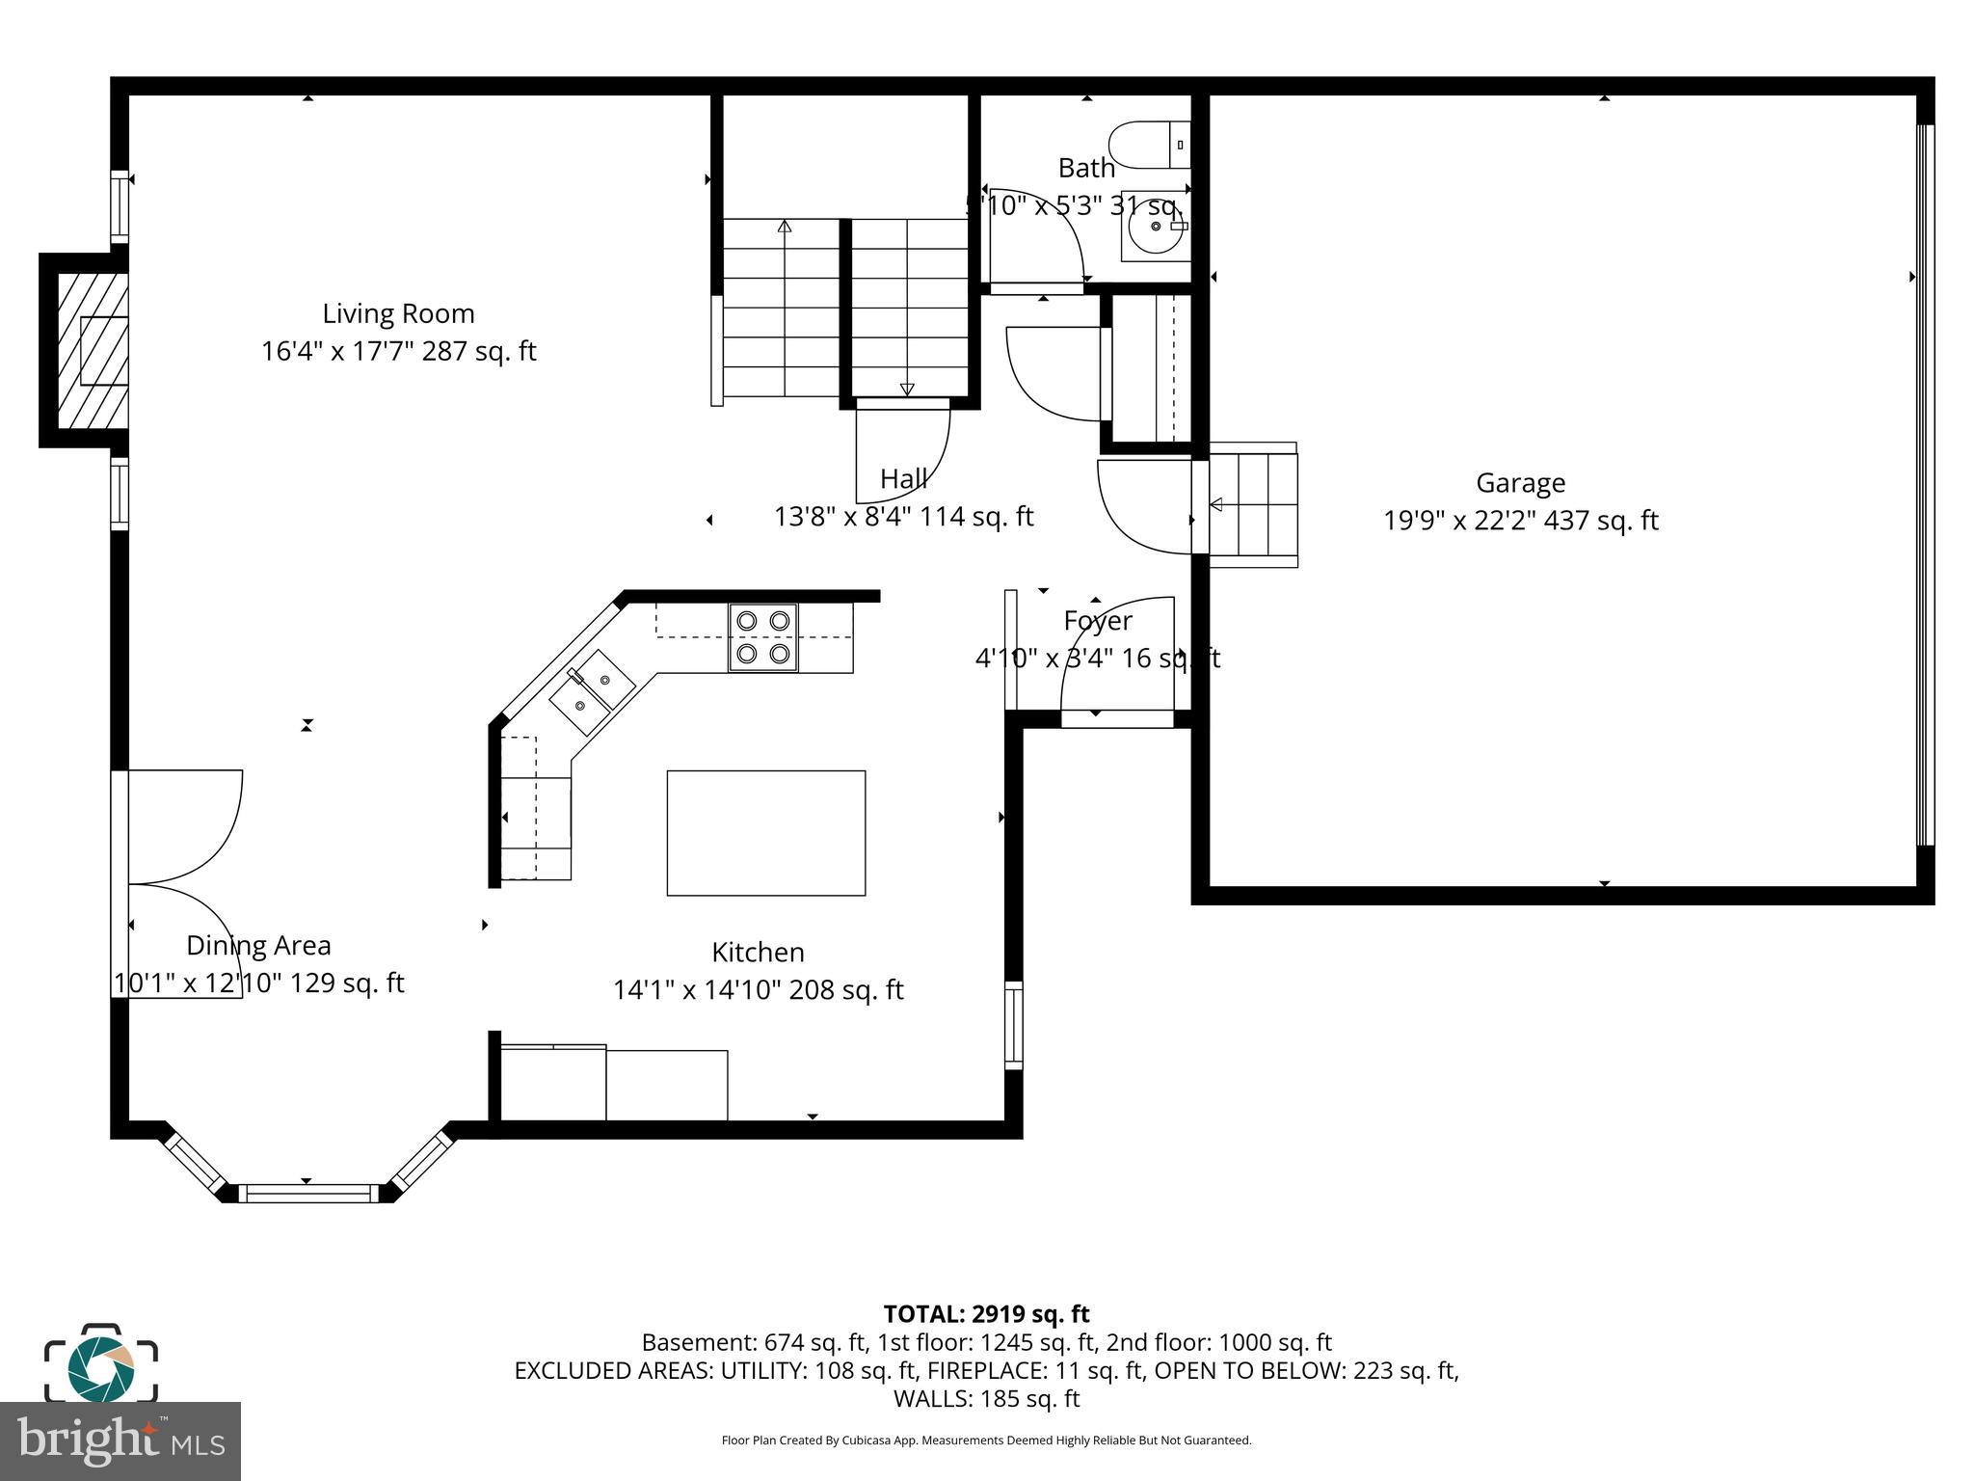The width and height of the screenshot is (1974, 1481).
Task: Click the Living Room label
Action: click(x=398, y=313)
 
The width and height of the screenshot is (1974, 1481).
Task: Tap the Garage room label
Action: click(x=1520, y=482)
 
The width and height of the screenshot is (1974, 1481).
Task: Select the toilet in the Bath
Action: click(x=1148, y=145)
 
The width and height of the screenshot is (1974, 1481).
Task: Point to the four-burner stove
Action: click(x=762, y=637)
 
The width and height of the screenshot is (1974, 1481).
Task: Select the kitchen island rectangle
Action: click(x=765, y=832)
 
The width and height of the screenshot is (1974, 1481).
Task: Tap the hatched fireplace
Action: click(x=93, y=350)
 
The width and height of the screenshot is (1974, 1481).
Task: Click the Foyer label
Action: click(x=1097, y=621)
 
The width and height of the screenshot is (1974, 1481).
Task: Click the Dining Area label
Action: click(x=258, y=945)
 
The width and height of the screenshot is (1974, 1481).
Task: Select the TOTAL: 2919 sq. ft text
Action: click(x=986, y=1313)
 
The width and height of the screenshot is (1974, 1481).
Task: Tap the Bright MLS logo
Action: click(x=120, y=1441)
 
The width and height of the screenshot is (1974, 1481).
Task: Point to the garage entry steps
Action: click(x=1253, y=505)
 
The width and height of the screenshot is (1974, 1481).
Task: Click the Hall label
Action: click(x=903, y=478)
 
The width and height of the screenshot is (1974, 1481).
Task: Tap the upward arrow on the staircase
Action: click(x=785, y=228)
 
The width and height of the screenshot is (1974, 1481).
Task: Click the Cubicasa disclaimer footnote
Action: click(x=986, y=1441)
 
